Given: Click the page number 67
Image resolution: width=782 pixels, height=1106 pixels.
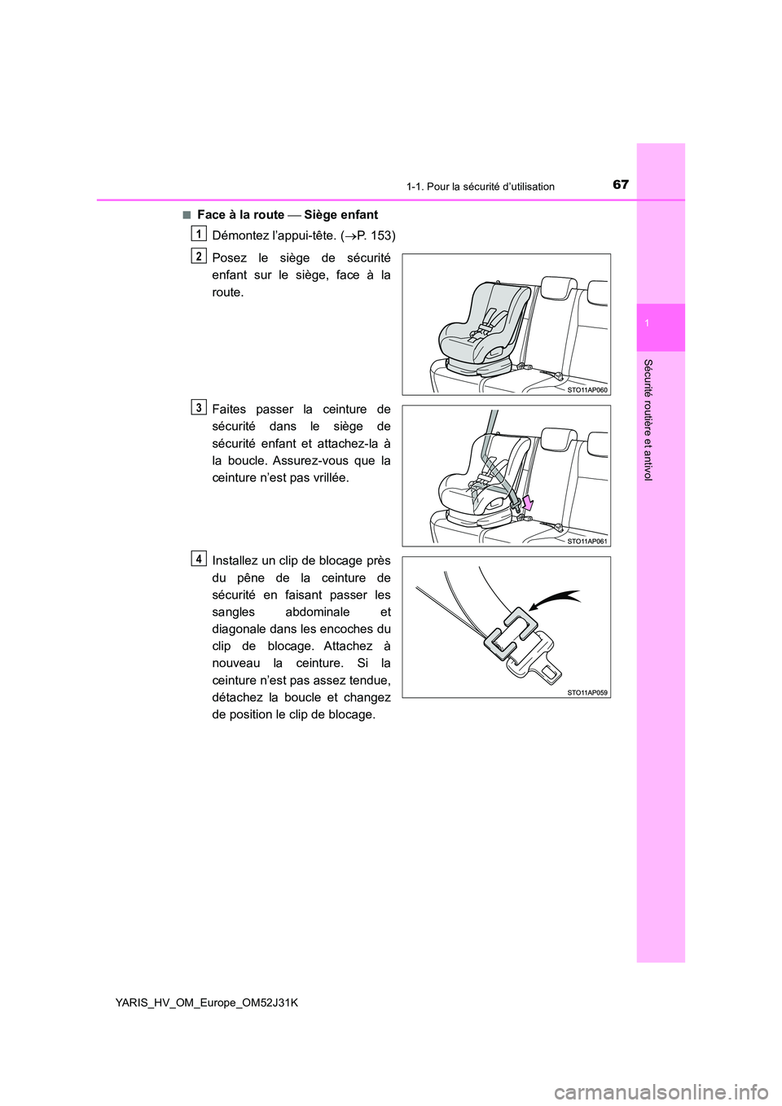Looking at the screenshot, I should click(x=621, y=184).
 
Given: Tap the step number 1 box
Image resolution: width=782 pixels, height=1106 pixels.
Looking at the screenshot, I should click(x=199, y=233).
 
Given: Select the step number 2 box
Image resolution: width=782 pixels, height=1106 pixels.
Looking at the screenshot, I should click(x=199, y=256).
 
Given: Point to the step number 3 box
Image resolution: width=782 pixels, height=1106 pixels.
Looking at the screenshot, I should click(x=199, y=407).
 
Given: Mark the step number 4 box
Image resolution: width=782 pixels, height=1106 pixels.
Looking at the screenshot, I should click(x=199, y=559).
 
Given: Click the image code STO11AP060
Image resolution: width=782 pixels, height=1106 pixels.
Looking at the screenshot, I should click(x=587, y=390).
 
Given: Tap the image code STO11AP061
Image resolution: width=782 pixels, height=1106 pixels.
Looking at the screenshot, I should click(x=587, y=541).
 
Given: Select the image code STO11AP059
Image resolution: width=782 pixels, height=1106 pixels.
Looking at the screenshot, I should click(x=587, y=692).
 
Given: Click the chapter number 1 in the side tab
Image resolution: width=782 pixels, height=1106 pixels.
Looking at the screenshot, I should click(x=661, y=325).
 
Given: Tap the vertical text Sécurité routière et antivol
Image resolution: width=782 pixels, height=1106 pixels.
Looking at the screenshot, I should click(x=648, y=419).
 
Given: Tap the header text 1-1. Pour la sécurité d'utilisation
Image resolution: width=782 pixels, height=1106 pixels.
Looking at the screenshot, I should click(x=480, y=187).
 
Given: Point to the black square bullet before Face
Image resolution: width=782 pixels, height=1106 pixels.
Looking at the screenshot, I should click(x=187, y=215).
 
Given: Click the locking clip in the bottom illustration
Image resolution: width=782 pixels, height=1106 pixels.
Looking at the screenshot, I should click(x=511, y=633).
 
